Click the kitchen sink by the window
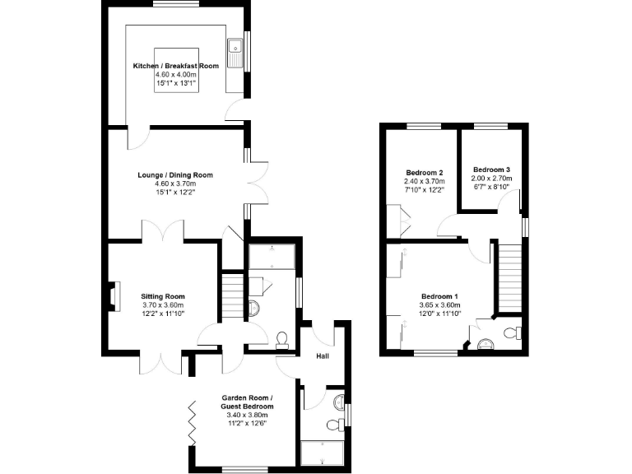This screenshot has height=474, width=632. coord(236,52)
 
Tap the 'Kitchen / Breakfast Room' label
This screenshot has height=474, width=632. coord(176,65)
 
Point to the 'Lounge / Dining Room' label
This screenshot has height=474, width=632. coord(175,174)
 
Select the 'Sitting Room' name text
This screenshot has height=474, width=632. coord(162,296)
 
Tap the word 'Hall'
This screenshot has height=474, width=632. coord(323,356)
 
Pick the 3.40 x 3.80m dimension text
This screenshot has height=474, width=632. coord(247,416)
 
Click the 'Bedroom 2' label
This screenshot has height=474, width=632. coord(424,172)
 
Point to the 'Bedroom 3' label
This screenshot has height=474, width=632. coord(492,169)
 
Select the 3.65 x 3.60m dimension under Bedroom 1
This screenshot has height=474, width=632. coord(440,305)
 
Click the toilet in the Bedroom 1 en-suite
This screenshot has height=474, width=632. coord(513,333)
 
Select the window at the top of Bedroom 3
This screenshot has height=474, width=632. coord(490,125)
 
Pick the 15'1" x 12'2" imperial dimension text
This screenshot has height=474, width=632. coord(175,192)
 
